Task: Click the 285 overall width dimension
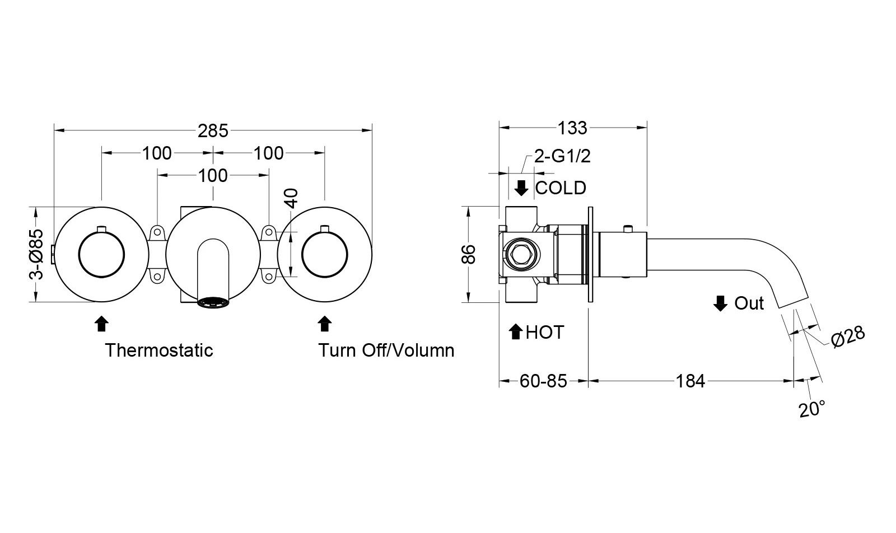(213, 130)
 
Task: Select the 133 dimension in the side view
(572, 128)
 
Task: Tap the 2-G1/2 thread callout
(562, 156)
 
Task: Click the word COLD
(561, 188)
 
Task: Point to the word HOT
(545, 333)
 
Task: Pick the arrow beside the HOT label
(516, 333)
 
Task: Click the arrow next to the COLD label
(521, 188)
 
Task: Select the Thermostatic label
(160, 350)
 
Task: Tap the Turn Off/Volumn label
(386, 350)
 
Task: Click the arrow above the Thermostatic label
(101, 324)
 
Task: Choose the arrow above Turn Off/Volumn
(325, 324)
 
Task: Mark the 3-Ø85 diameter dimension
(36, 254)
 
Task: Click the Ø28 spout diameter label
(848, 336)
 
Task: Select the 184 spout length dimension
(690, 381)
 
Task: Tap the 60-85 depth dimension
(543, 381)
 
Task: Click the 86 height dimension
(469, 254)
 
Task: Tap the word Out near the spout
(749, 303)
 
